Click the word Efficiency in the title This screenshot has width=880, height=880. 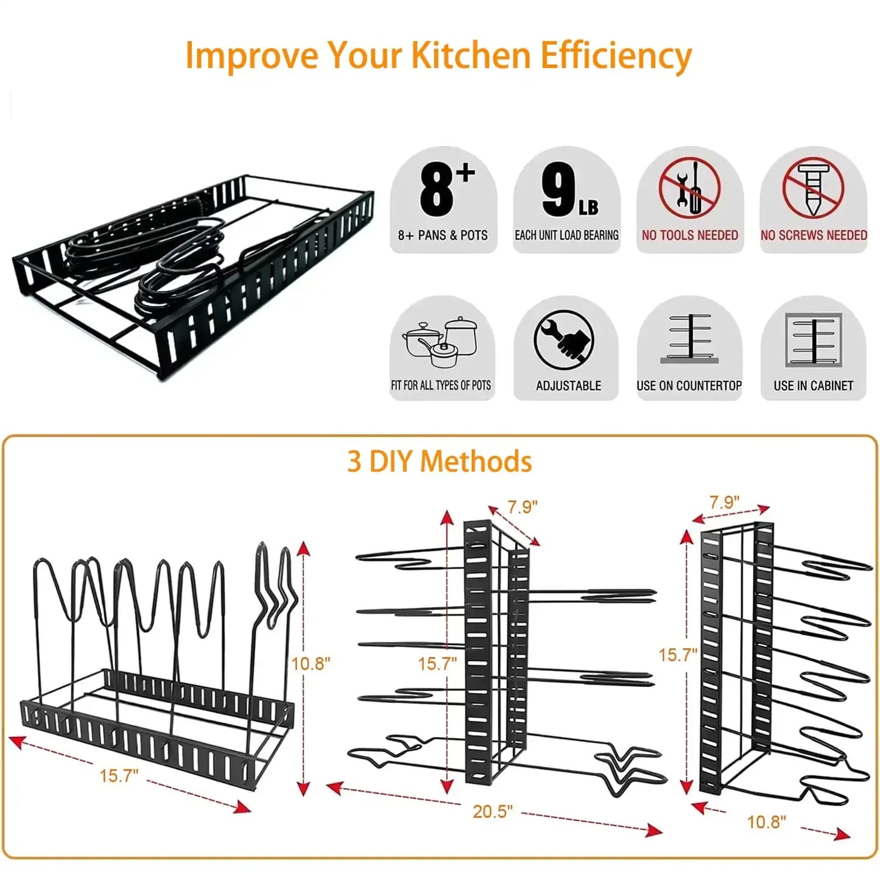pyautogui.click(x=616, y=56)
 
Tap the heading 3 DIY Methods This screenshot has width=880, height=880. pyautogui.click(x=439, y=462)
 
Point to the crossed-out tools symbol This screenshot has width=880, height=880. pyautogui.click(x=689, y=188)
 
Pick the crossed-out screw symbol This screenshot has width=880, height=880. pyautogui.click(x=813, y=188)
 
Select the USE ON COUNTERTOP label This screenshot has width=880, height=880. pyautogui.click(x=689, y=385)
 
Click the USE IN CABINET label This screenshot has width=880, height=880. pyautogui.click(x=813, y=385)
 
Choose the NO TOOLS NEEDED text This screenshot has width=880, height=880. pyautogui.click(x=689, y=235)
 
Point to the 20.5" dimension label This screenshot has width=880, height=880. pyautogui.click(x=493, y=811)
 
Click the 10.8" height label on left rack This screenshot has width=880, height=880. pyautogui.click(x=310, y=663)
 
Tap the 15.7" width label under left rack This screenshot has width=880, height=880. pyautogui.click(x=119, y=775)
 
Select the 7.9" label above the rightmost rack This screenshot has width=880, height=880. pyautogui.click(x=724, y=502)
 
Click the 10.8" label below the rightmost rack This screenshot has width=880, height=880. pyautogui.click(x=766, y=822)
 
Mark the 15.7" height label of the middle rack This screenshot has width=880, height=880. pyautogui.click(x=437, y=663)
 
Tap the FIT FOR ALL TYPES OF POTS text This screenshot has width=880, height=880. pyautogui.click(x=441, y=385)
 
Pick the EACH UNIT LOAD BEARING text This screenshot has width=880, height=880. pyautogui.click(x=566, y=235)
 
